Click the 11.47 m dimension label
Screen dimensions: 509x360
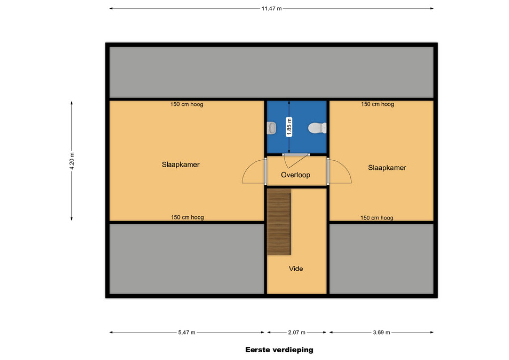(272, 9)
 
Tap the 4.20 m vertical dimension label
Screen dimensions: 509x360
(72, 161)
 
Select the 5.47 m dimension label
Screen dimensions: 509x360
(187, 333)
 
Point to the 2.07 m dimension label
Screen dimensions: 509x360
(296, 333)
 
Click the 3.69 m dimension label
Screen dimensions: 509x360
(381, 333)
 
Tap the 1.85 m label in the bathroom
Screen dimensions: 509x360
(289, 127)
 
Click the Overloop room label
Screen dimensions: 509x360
(295, 175)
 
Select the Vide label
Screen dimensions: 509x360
(296, 269)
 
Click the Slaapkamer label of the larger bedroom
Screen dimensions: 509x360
(180, 165)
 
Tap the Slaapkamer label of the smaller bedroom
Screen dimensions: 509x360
(387, 168)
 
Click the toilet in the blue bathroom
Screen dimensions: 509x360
(317, 128)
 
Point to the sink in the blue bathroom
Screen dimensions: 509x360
(272, 128)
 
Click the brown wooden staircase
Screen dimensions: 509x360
(279, 222)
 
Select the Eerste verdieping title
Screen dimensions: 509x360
(279, 350)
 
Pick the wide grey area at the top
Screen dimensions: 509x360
(272, 73)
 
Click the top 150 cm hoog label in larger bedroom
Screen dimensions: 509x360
(187, 104)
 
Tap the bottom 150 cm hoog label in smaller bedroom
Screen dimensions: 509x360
(377, 218)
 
